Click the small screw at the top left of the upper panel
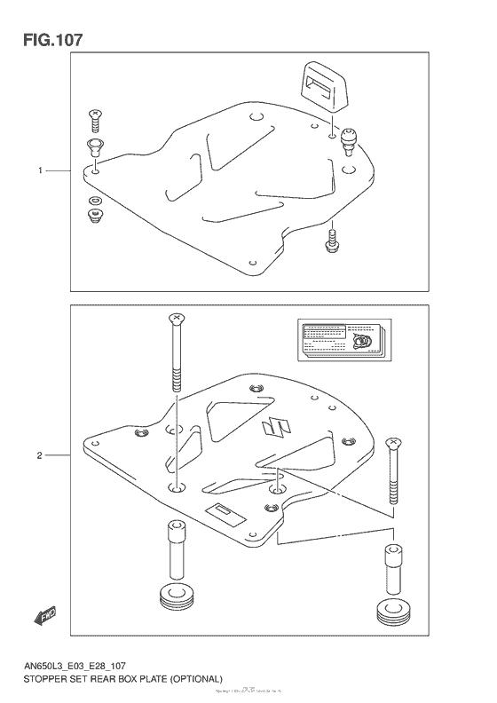pyautogui.click(x=94, y=115)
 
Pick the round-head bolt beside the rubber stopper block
pyautogui.click(x=348, y=138)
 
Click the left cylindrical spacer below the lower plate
pyautogui.click(x=176, y=550)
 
